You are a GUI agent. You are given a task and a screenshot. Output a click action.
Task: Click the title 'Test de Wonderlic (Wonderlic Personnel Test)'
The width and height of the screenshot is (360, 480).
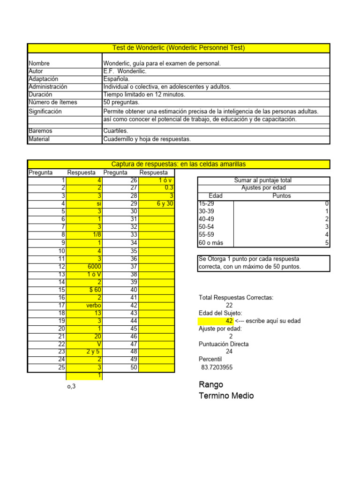coord(179,48)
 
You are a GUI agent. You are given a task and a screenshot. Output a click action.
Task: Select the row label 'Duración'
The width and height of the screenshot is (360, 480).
coord(41,94)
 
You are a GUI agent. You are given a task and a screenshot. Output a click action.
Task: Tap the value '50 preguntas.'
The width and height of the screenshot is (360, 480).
coord(121,102)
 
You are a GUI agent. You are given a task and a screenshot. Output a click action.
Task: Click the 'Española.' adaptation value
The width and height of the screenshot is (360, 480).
coord(117,79)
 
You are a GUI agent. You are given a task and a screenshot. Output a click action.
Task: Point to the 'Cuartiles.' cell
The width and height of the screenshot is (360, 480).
coord(115,131)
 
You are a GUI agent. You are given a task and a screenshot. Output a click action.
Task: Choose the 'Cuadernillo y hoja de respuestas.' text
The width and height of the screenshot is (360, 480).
coord(147,139)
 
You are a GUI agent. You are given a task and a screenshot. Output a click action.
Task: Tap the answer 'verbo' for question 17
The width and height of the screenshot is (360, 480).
coord(93,305)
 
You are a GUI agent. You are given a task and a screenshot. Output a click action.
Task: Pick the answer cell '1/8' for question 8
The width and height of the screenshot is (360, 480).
coord(95,235)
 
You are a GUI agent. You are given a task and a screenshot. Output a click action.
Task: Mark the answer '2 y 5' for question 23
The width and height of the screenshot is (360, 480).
coord(93,352)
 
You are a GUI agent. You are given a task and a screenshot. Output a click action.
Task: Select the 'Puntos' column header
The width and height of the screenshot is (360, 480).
coord(281,196)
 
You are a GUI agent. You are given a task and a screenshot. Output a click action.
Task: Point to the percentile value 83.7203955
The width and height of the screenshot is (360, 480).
coord(217,367)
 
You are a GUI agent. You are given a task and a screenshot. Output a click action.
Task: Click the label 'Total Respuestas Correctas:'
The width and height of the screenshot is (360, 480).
coord(236,298)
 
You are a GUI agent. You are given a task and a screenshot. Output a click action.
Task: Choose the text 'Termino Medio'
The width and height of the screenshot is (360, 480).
coord(226,396)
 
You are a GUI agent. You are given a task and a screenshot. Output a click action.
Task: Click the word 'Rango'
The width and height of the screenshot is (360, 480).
coord(211,384)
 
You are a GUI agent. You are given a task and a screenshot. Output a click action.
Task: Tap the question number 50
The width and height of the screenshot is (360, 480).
coord(134,367)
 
